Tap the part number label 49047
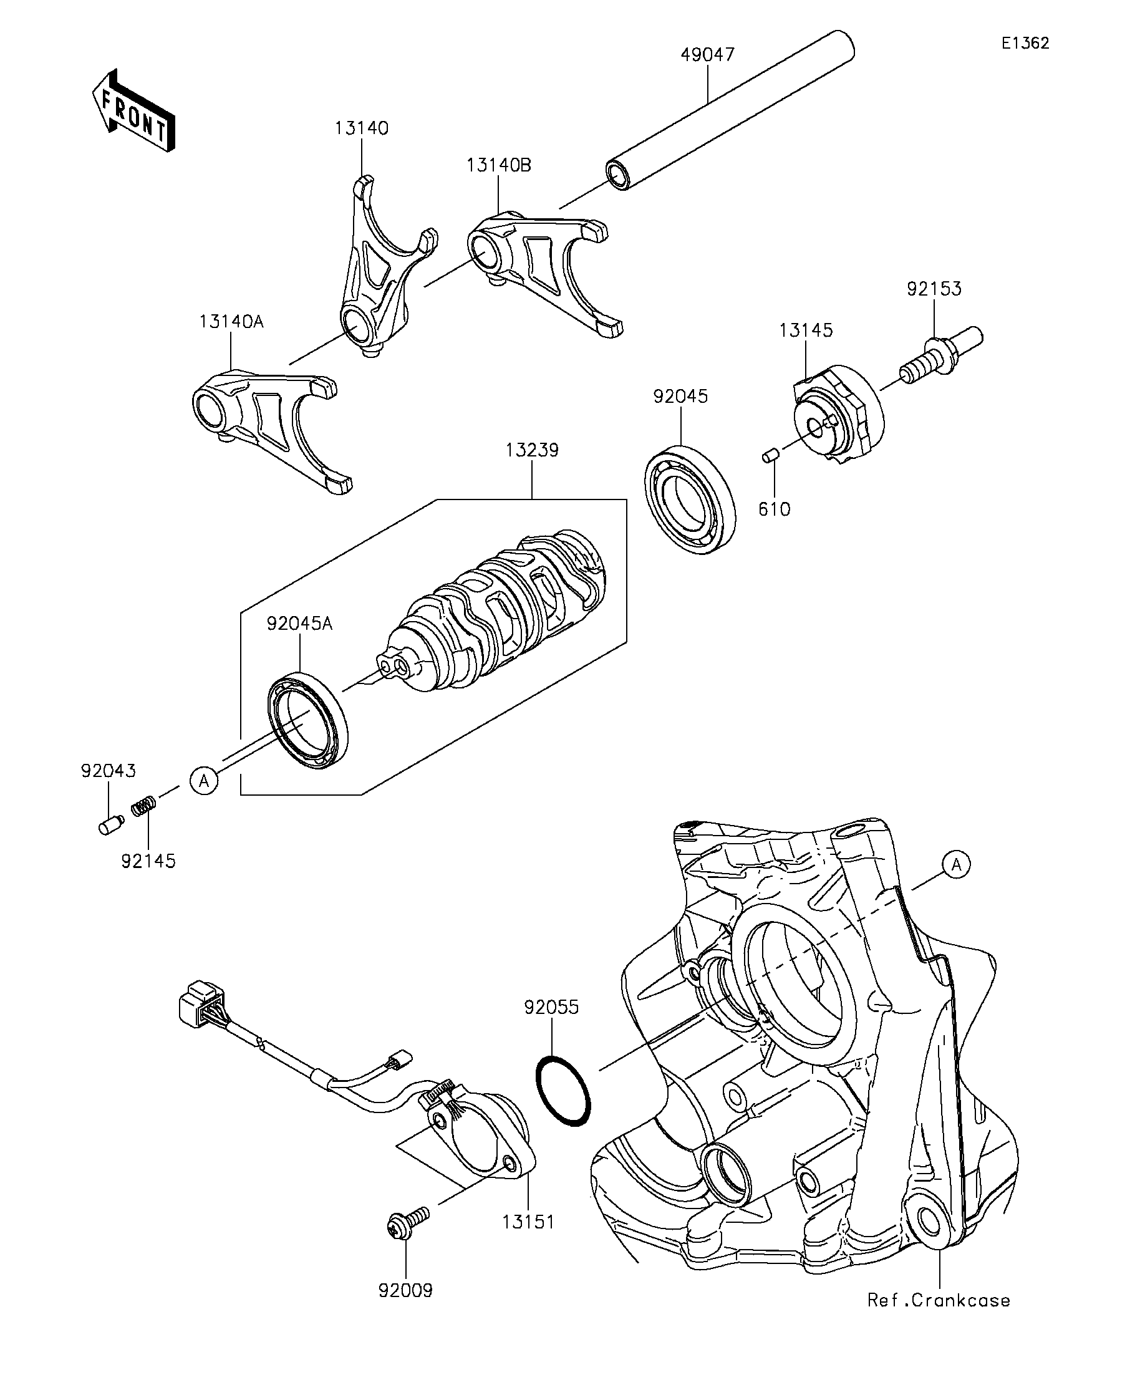click(707, 54)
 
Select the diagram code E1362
click(1025, 43)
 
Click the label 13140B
click(498, 165)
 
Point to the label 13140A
click(231, 322)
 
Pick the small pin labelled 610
click(770, 455)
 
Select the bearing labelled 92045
click(690, 499)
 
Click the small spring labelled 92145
click(144, 806)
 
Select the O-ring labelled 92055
click(563, 1090)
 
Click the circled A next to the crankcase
click(956, 865)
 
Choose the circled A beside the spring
click(205, 781)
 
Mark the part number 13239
click(532, 450)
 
